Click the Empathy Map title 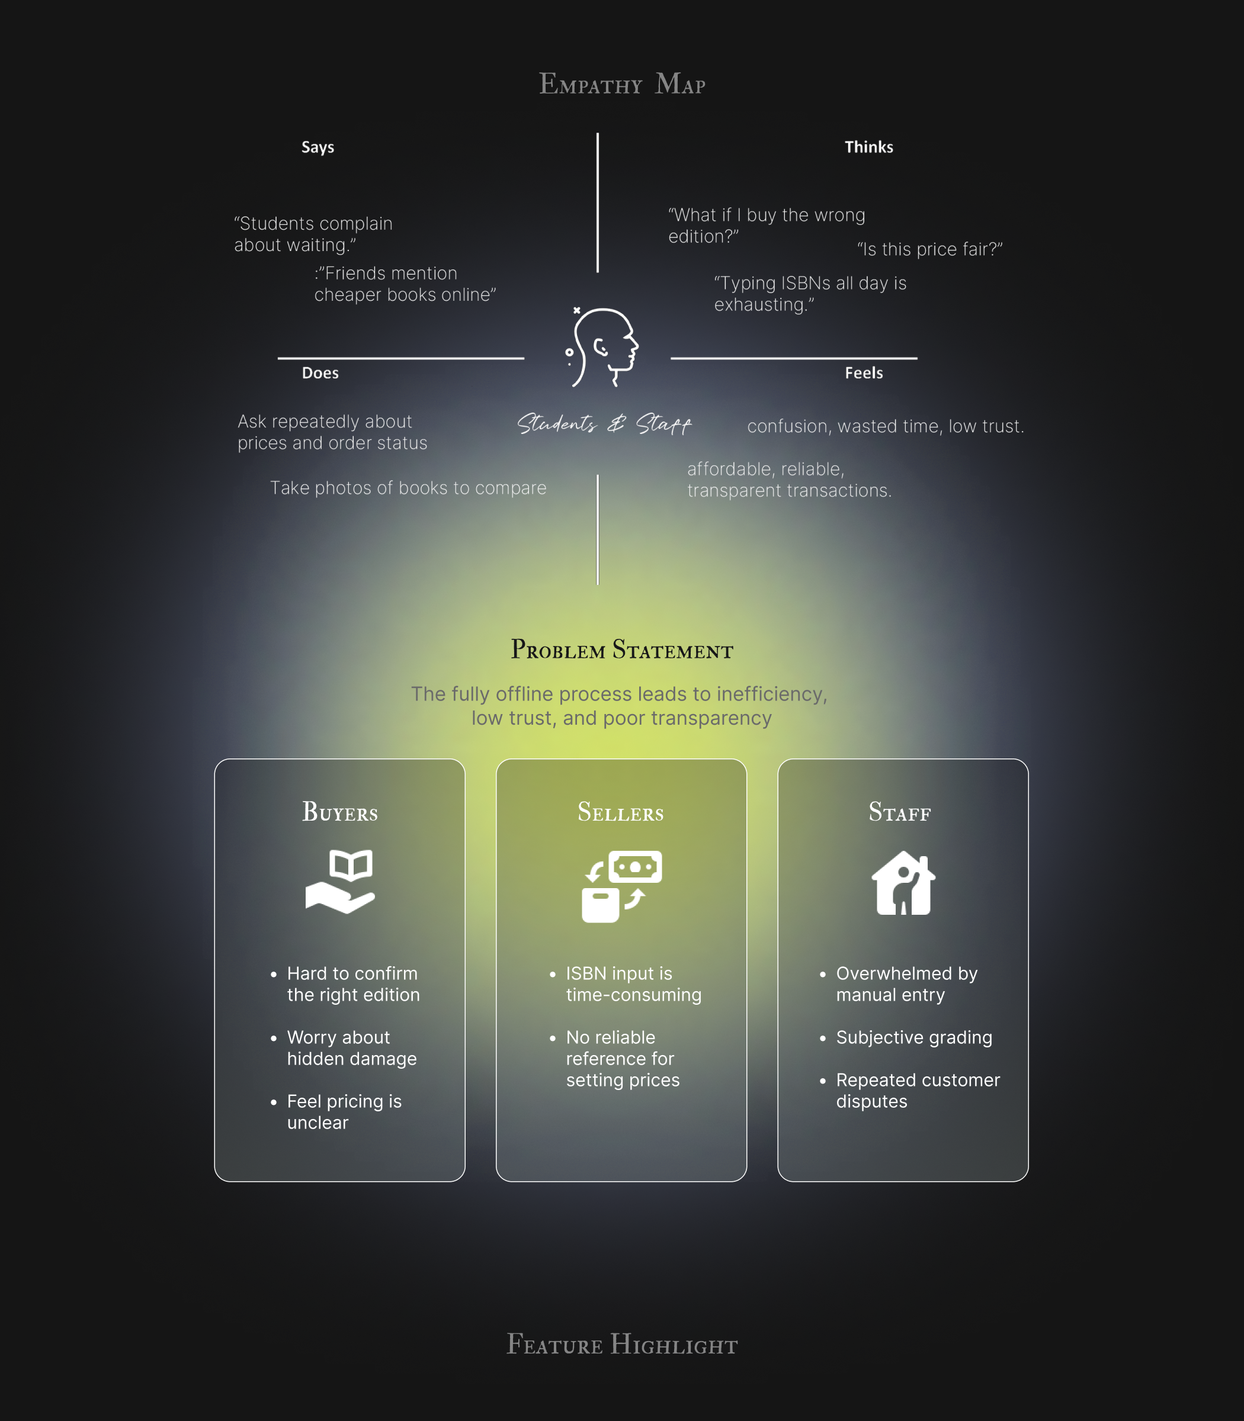[x=622, y=84]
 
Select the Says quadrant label [x=318, y=147]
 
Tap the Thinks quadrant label [x=868, y=147]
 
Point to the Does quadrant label [x=320, y=373]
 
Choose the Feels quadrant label [x=864, y=373]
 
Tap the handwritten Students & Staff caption [x=604, y=424]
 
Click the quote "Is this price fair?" [x=929, y=250]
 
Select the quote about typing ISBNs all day [x=810, y=294]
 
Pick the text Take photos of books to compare [x=408, y=488]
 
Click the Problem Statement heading [x=622, y=650]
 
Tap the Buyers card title [x=339, y=812]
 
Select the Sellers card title [x=621, y=812]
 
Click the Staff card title [x=900, y=812]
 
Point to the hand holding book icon [x=340, y=881]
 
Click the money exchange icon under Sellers [x=621, y=886]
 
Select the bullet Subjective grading [x=913, y=1038]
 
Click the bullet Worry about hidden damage [x=351, y=1049]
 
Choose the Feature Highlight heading [x=622, y=1345]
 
